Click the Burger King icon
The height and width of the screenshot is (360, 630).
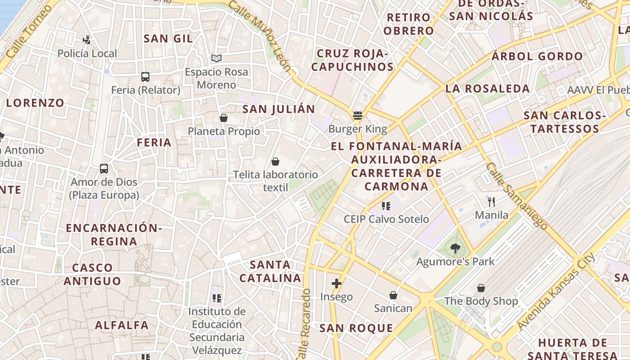[x=358, y=116]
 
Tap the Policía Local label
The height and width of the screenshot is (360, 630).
[x=87, y=54]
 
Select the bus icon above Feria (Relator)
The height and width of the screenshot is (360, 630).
[x=145, y=77]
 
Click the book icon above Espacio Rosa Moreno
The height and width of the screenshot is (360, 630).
[x=216, y=58]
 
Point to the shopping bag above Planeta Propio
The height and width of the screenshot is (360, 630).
[x=223, y=118]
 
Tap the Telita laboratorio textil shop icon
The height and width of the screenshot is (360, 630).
[x=275, y=161]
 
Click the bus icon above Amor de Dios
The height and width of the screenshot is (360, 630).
[x=104, y=169]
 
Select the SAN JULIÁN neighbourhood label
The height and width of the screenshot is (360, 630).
[x=279, y=109]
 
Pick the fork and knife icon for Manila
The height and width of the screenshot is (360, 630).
[x=491, y=202]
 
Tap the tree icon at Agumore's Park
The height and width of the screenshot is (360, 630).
[x=455, y=248]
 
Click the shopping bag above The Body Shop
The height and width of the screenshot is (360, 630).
[x=481, y=288]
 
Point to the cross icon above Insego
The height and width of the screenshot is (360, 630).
[x=336, y=283]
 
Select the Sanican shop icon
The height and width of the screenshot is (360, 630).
[x=393, y=295]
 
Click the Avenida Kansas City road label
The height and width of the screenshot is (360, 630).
[x=556, y=292]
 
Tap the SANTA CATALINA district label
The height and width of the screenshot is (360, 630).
[x=270, y=271]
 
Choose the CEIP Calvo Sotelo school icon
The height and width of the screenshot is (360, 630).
[x=386, y=206]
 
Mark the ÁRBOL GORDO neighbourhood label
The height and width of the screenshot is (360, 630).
[x=537, y=56]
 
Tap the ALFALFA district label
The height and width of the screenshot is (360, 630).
[x=121, y=325]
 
